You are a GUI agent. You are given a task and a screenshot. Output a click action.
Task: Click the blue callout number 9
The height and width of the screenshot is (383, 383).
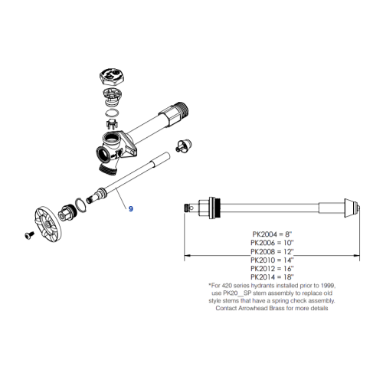[130, 208]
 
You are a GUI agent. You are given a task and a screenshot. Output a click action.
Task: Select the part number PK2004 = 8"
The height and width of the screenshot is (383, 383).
[272, 233]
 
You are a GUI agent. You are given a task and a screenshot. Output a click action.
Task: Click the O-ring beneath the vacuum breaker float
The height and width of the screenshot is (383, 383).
[110, 121]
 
